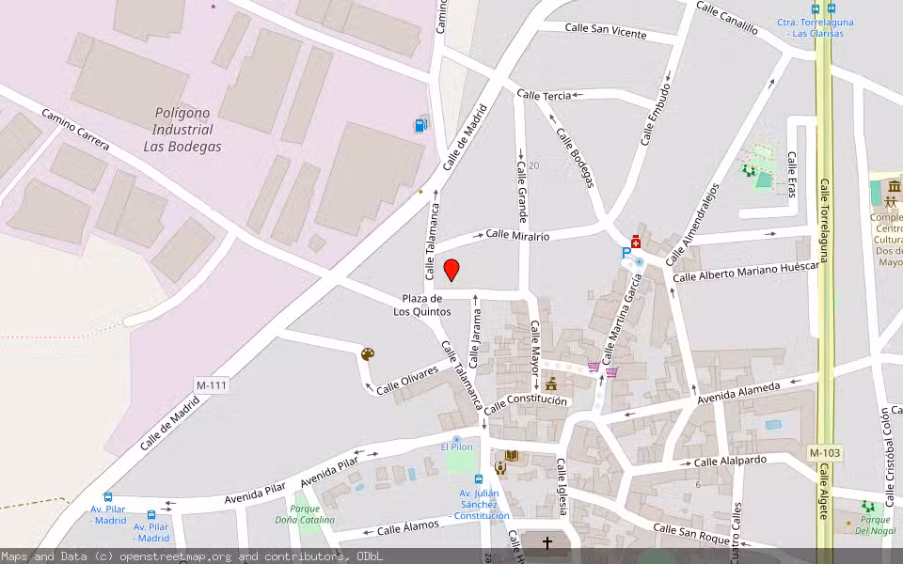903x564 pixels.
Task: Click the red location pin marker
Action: tap(451, 270)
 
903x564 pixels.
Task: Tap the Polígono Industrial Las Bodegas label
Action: tap(182, 130)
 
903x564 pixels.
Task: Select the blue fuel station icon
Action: tap(420, 125)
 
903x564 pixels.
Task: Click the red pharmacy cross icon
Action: tap(636, 241)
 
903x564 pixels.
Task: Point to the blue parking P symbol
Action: tap(626, 253)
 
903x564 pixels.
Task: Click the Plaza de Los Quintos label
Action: tap(421, 305)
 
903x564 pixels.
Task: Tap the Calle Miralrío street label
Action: tap(517, 236)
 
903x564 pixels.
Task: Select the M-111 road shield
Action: tap(213, 385)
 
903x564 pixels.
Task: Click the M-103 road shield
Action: tap(825, 454)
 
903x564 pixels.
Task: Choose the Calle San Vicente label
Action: tap(606, 31)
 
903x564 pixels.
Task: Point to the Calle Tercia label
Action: tap(544, 96)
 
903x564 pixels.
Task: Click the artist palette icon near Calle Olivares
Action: tap(368, 354)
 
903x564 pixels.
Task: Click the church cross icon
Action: tap(547, 543)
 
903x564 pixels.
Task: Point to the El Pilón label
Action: tap(457, 446)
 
